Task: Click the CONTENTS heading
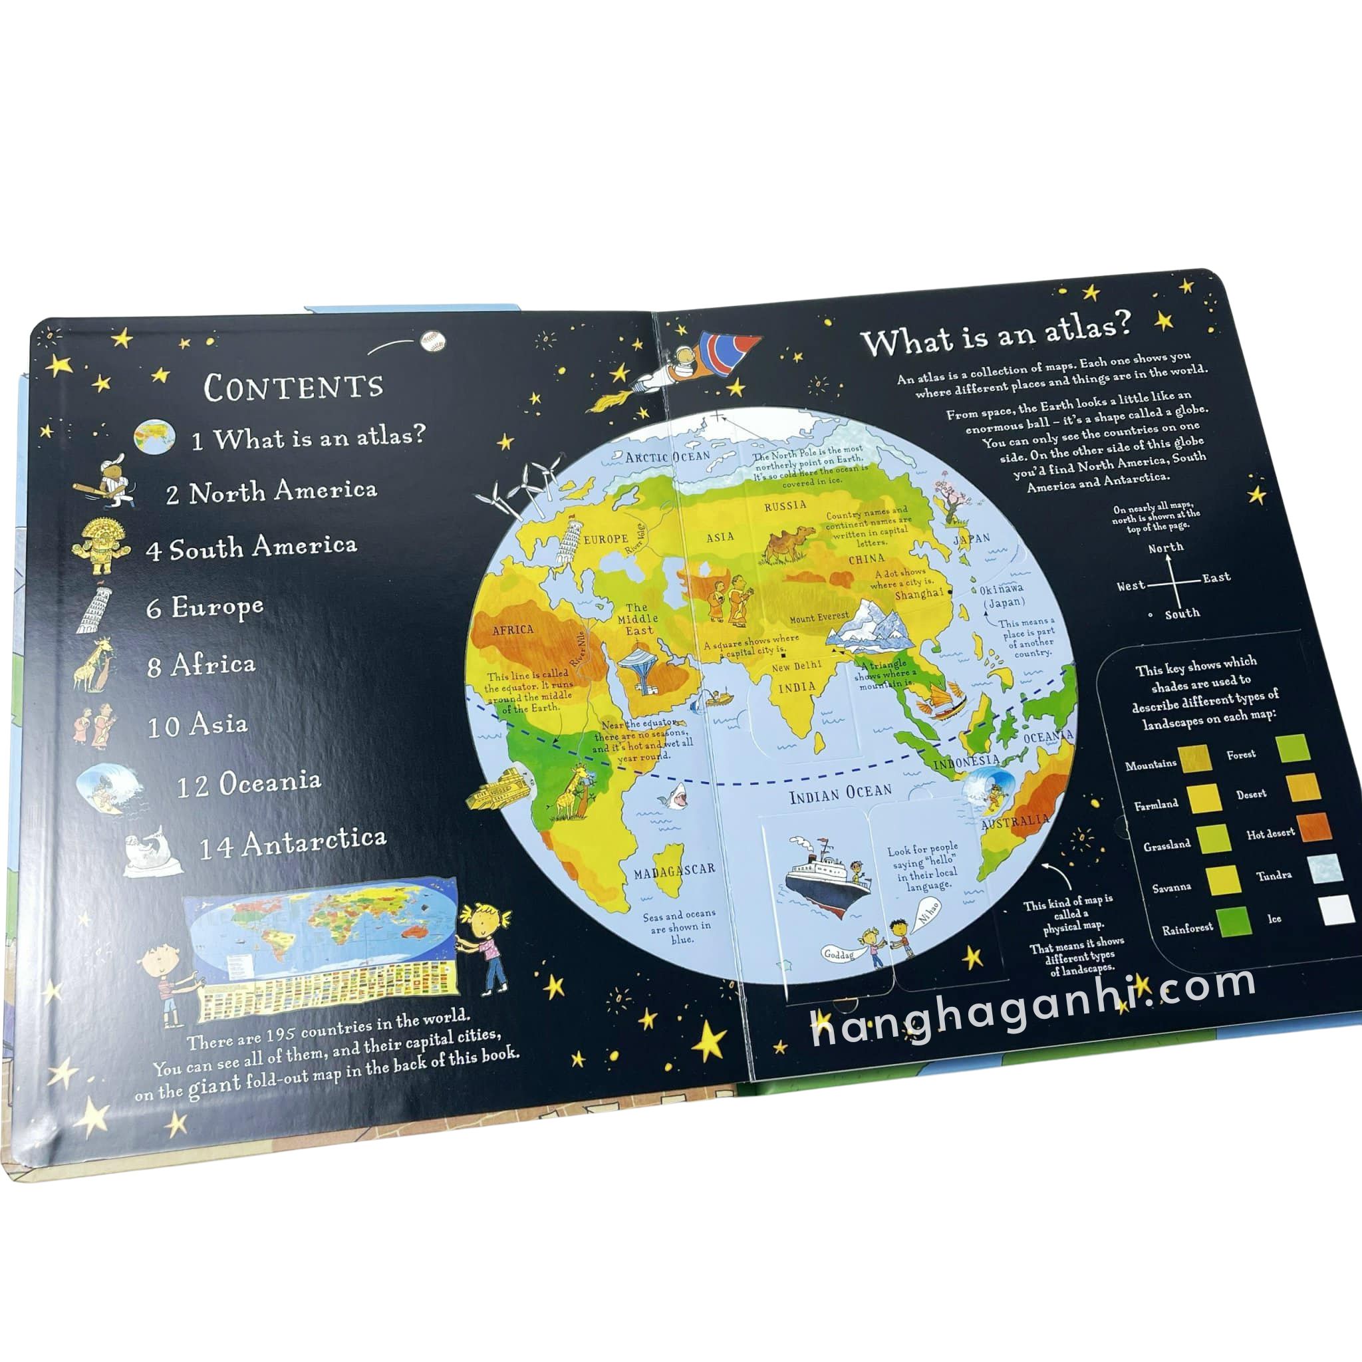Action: coord(293,386)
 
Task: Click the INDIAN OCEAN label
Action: coord(841,795)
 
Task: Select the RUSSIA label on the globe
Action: coord(785,505)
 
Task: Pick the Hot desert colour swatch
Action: coord(1315,827)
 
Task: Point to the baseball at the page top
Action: coord(432,341)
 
